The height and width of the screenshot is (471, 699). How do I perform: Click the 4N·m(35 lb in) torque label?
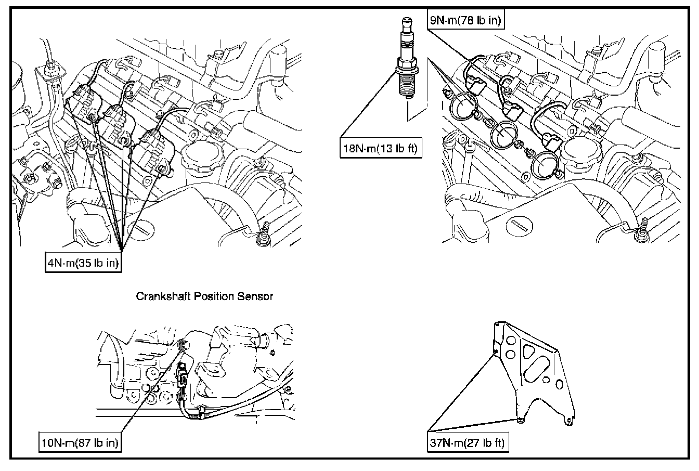83,263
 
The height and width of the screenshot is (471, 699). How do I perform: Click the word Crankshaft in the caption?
158,297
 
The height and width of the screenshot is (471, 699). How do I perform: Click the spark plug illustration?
406,62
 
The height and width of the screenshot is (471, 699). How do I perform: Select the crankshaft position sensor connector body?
184,377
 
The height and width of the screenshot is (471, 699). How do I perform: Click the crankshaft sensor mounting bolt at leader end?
182,344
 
